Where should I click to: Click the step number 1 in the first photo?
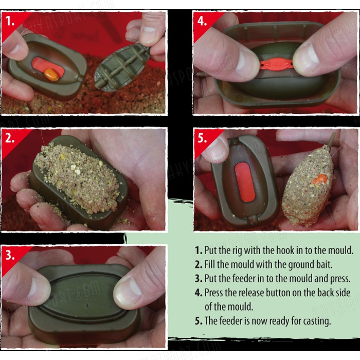[x=10, y=21]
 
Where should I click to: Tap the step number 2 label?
[x=10, y=138]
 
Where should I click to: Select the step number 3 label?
[x=10, y=255]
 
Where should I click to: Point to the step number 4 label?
[x=202, y=21]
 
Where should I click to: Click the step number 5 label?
[x=202, y=138]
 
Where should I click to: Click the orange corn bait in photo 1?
[x=51, y=75]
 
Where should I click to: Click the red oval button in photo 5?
[x=245, y=182]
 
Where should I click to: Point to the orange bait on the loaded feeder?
[x=319, y=179]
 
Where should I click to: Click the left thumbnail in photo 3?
[x=39, y=290]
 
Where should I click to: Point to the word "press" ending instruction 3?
[x=340, y=279]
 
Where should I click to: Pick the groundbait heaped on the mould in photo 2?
[x=78, y=177]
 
